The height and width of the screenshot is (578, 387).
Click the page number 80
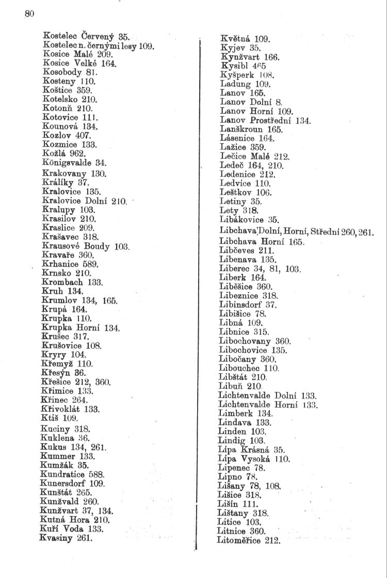coord(29,14)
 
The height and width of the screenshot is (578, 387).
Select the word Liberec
coord(235,269)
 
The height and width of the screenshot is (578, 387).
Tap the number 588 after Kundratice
coord(96,474)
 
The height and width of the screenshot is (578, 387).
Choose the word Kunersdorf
coord(63,483)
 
